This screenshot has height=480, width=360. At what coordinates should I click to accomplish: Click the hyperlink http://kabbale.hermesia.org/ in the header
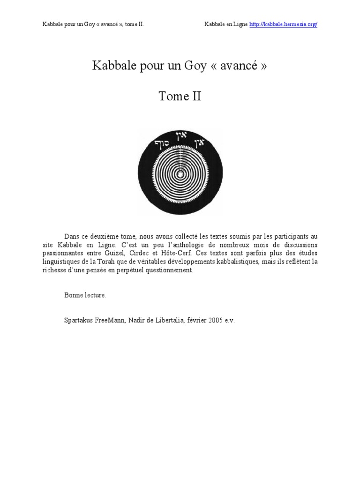tap(283, 24)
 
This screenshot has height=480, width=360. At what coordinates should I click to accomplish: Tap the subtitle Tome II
tap(180, 97)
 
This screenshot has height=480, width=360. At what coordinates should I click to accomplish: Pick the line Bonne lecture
tap(85, 295)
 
